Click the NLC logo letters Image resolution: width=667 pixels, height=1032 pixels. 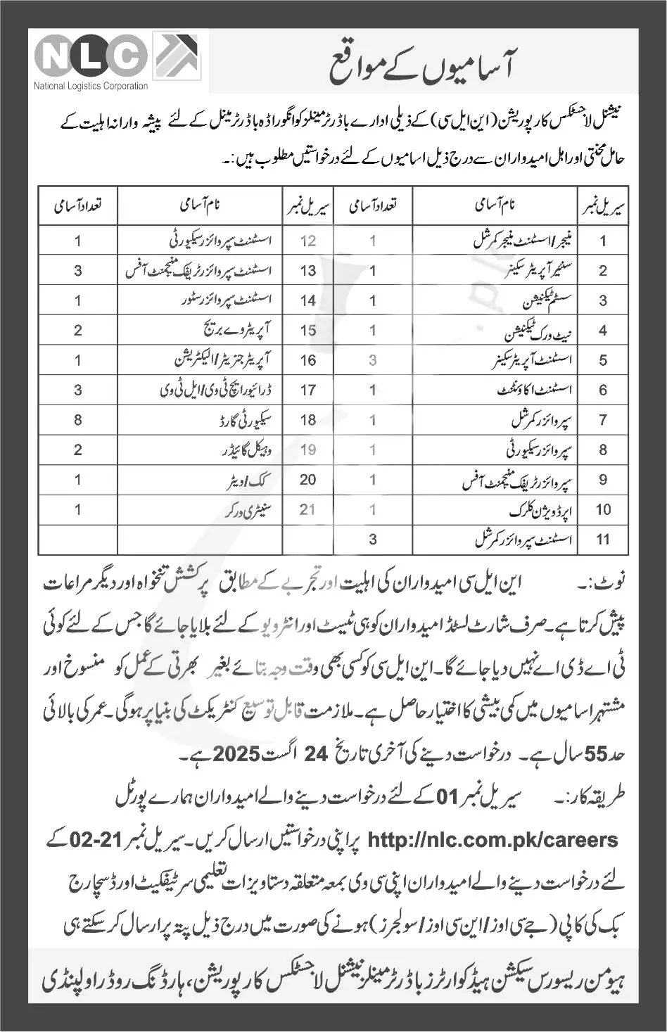91,56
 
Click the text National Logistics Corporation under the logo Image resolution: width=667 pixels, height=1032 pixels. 91,87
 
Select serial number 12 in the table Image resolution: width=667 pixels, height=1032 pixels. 307,241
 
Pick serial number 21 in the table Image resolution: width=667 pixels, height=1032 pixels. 307,509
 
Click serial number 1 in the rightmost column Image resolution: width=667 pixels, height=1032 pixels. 603,241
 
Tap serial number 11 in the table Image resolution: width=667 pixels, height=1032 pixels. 603,540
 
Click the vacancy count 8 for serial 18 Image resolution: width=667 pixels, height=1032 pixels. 78,420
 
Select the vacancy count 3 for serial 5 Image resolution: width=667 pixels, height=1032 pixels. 373,360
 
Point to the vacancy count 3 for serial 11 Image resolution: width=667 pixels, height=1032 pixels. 373,540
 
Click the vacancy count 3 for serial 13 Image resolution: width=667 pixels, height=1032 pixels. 78,271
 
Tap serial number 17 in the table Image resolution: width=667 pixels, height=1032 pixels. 307,390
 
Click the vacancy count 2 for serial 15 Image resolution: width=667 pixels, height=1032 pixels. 78,331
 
